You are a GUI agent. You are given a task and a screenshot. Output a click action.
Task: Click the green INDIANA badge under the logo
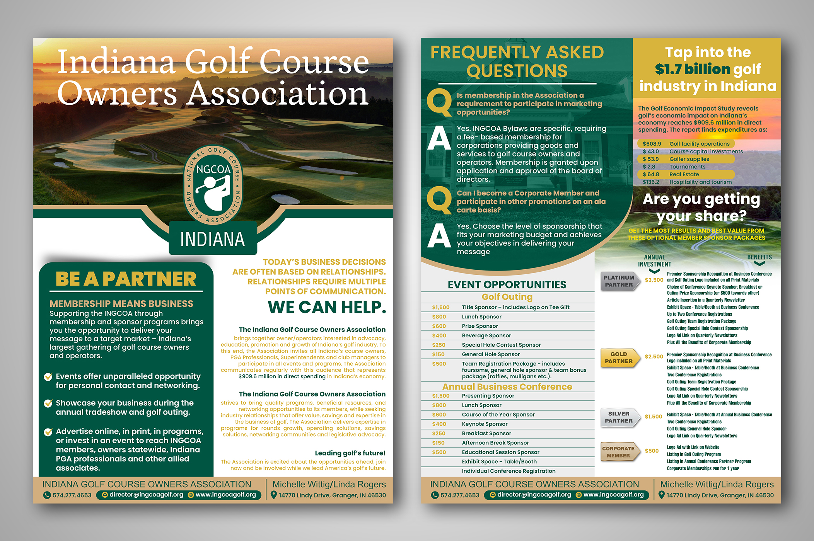coord(213,239)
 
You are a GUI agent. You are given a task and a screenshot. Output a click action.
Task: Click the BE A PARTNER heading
coord(126,279)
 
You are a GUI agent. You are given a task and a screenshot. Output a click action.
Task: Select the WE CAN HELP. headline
coord(327,307)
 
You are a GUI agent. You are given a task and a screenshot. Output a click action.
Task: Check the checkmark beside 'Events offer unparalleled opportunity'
coord(48,377)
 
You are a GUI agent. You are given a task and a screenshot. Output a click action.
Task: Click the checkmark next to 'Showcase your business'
coord(48,403)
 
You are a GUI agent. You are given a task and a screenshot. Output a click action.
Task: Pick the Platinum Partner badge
coord(619,281)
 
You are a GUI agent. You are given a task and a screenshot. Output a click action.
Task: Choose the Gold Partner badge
coord(619,358)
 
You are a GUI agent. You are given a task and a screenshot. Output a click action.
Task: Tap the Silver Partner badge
coord(619,417)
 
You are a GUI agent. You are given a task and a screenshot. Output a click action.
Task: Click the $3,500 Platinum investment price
coord(654,280)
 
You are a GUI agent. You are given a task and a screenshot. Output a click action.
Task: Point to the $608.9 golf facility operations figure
coord(652,144)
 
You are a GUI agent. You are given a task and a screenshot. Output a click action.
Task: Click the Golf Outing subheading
coord(507,297)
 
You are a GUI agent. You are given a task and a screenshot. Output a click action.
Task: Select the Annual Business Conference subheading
coord(507,387)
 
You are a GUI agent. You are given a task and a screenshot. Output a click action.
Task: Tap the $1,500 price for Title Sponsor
coord(441,307)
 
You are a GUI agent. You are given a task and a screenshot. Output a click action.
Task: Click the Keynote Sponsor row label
coord(485,424)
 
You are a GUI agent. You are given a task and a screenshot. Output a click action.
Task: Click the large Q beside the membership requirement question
coord(439,102)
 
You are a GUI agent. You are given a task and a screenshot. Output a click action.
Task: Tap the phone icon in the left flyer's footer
coord(47,495)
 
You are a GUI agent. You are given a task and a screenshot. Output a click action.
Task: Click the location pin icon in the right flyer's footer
coord(661,495)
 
